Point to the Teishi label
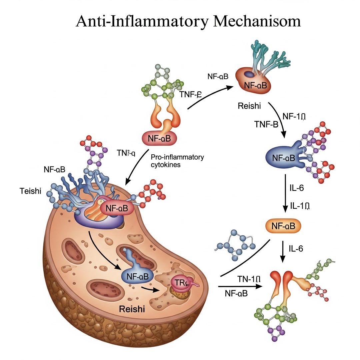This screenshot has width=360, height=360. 31,191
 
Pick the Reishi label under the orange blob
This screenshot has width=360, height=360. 249,106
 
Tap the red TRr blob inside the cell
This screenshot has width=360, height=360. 180,283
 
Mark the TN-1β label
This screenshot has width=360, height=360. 248,279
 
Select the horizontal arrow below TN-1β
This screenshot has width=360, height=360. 239,286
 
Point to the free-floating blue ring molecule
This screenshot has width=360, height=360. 235,245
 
